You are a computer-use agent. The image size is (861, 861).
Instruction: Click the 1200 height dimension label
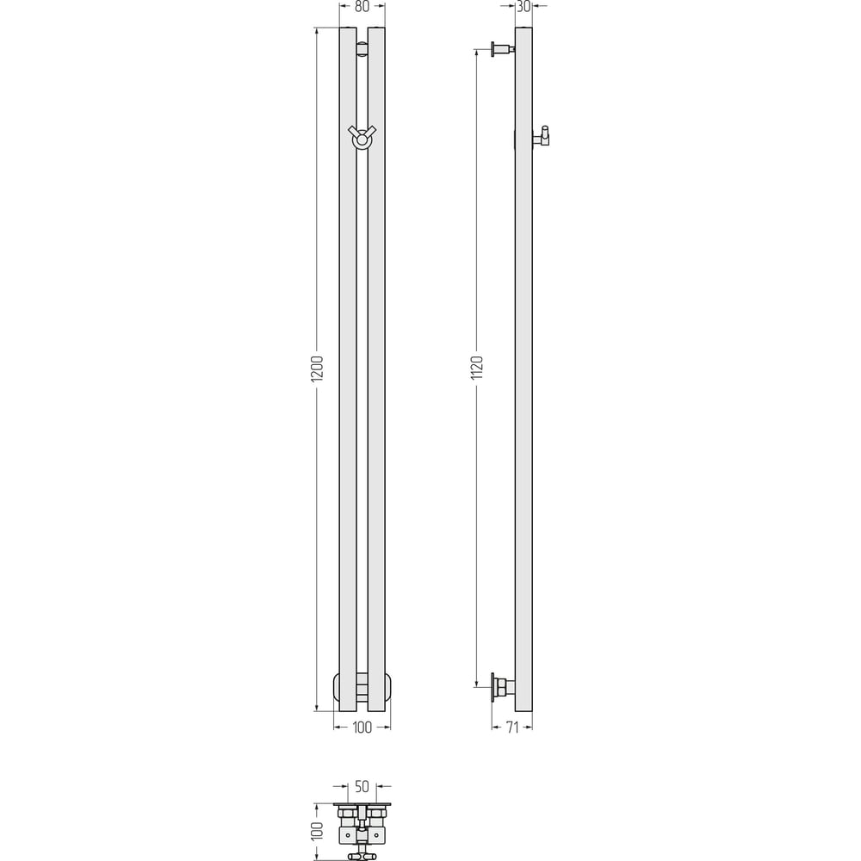click(318, 369)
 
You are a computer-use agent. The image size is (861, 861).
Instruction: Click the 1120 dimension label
click(477, 368)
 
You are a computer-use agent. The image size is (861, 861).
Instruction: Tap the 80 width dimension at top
click(362, 7)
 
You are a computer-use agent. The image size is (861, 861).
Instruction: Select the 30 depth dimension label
click(523, 7)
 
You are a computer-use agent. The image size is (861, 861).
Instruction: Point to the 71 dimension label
click(512, 728)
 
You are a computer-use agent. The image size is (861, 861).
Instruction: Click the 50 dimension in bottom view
click(362, 787)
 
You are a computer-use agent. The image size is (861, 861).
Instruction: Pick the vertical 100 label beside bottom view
click(318, 831)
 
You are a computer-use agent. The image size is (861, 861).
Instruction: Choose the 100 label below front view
click(362, 728)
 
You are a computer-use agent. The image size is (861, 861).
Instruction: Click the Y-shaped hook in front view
click(362, 136)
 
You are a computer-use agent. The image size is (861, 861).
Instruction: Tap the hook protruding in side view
click(542, 136)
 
